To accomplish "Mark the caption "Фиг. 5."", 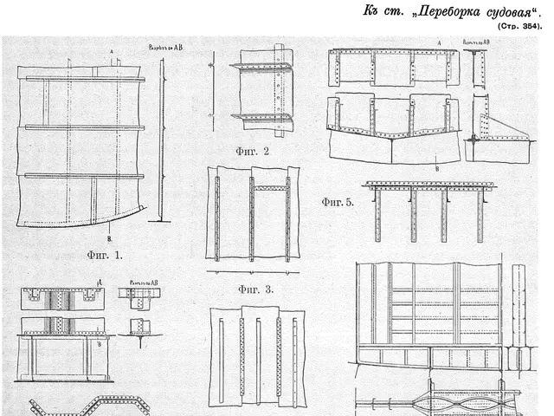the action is (x=338, y=203).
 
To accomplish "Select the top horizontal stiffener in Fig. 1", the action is (x=85, y=79).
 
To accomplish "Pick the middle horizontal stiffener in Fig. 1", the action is (x=85, y=127).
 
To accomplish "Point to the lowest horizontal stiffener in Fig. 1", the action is (x=85, y=176).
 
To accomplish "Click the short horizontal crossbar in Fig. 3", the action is (x=269, y=187).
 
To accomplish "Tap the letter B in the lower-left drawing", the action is (x=101, y=344).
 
